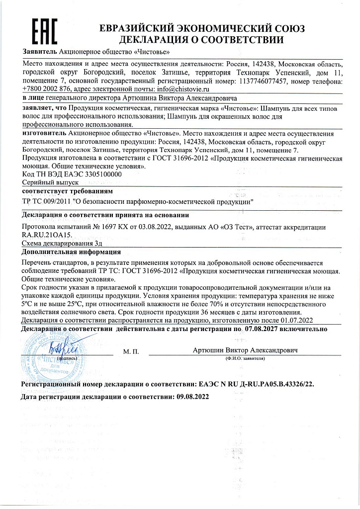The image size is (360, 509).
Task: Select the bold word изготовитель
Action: [x=44, y=134]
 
